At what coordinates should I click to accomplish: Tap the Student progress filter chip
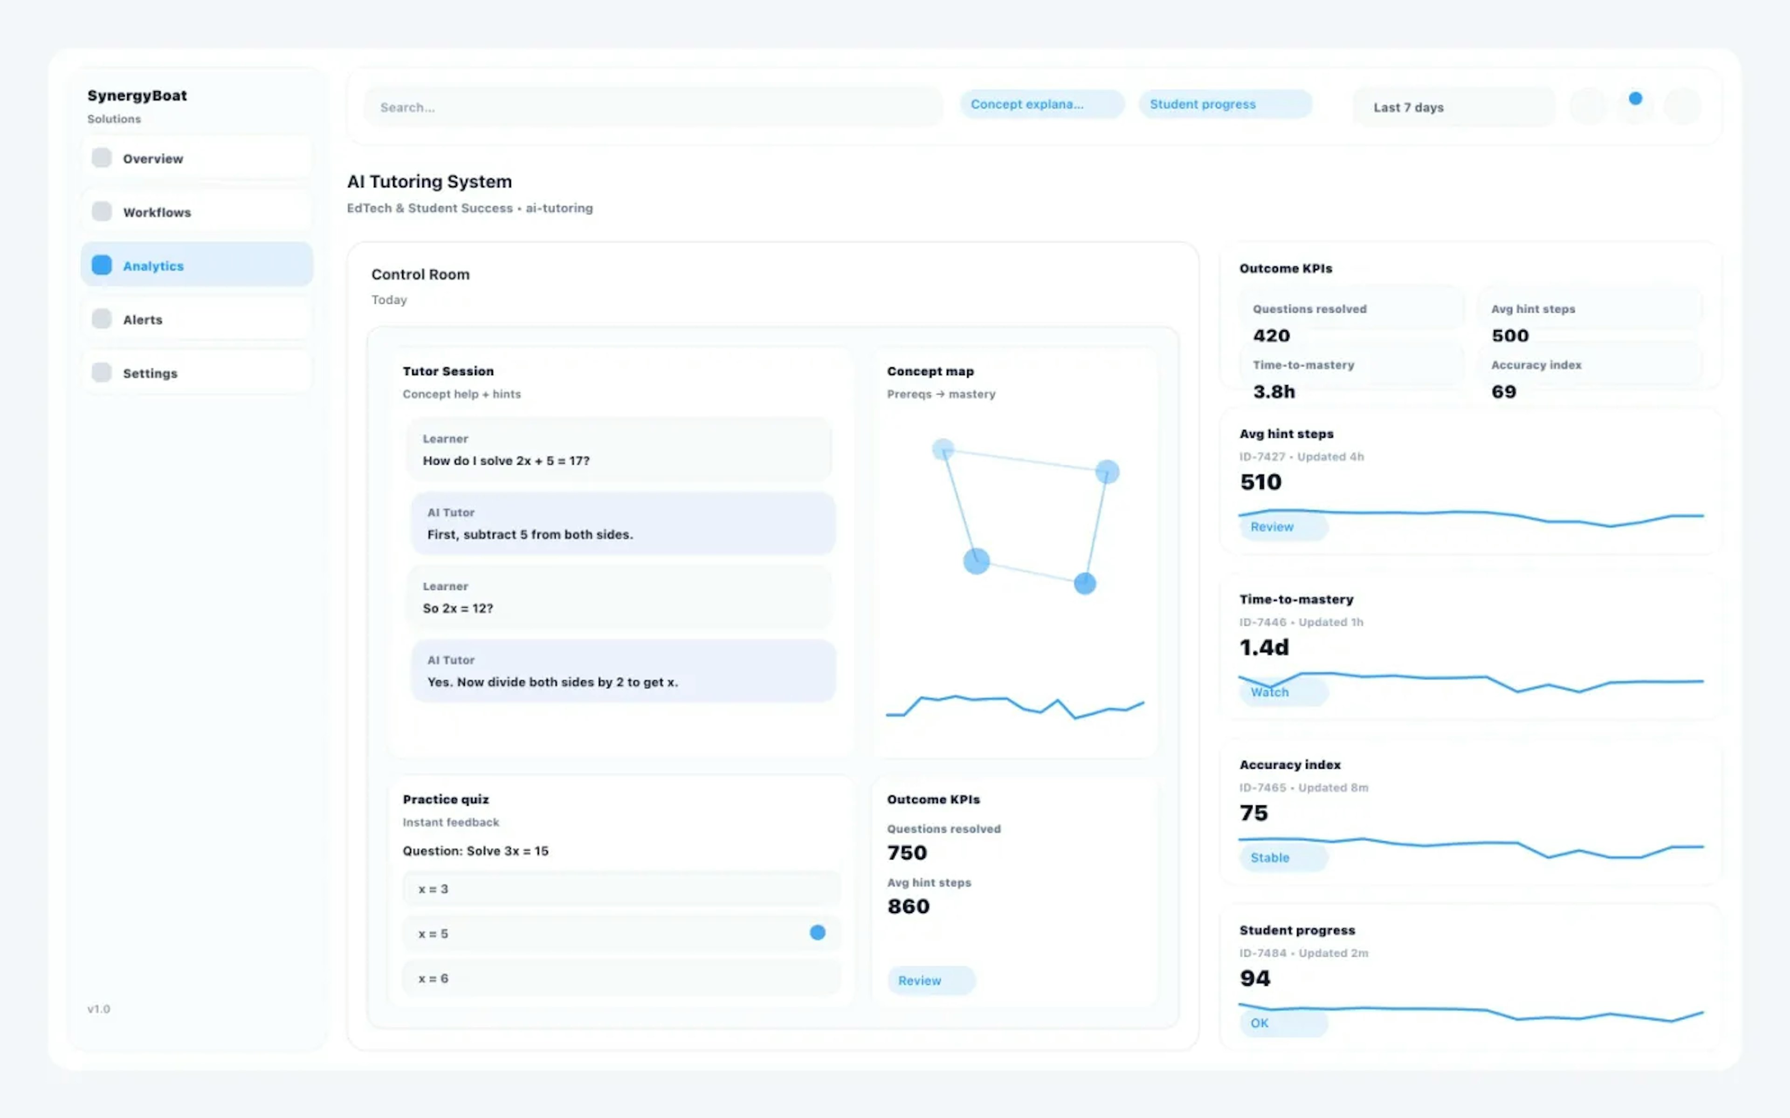[1224, 104]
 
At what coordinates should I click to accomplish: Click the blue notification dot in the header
[1635, 98]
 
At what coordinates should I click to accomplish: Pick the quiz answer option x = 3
[621, 889]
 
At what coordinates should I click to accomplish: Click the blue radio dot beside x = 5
[817, 933]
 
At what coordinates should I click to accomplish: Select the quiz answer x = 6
[621, 978]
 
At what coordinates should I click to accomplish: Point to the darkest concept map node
[1084, 583]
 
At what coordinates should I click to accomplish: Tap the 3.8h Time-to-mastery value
[1274, 392]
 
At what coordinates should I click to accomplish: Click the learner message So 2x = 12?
[458, 608]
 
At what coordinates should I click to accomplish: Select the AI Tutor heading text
[450, 512]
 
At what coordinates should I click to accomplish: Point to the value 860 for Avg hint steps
[909, 907]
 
